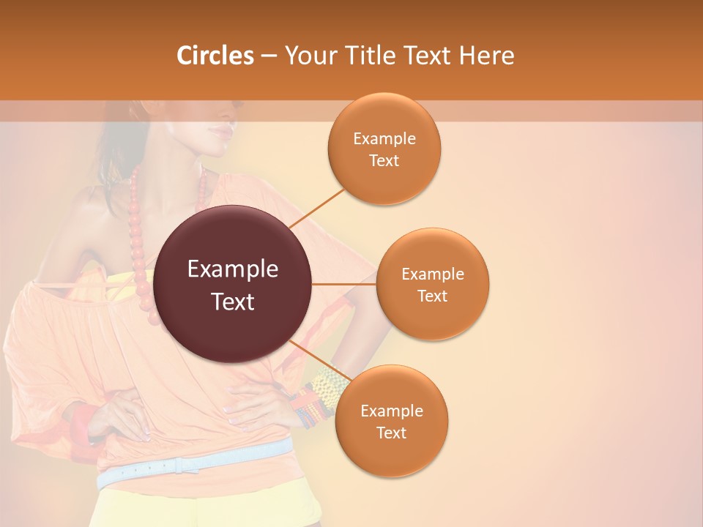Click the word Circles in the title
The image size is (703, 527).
point(215,56)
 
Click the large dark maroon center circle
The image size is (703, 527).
point(233,284)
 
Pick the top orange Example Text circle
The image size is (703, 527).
point(384,149)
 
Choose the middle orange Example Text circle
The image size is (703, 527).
point(433,284)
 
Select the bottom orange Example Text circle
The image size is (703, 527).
point(391,421)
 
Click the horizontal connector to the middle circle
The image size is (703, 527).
point(344,284)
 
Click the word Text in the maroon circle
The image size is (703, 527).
point(233,302)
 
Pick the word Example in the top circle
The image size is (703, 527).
point(384,138)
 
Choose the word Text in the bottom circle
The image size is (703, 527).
point(391,433)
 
